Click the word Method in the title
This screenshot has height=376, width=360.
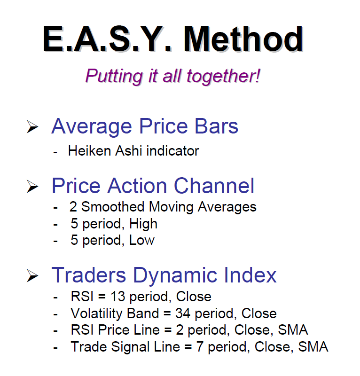point(243,39)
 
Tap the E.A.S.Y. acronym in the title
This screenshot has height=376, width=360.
point(108,39)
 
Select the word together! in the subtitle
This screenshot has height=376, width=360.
point(223,77)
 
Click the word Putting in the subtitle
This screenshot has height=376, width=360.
point(114,77)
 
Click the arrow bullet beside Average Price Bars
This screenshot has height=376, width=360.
point(32,126)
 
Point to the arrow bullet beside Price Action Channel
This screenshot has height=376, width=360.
point(32,186)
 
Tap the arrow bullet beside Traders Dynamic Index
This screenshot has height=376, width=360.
point(32,275)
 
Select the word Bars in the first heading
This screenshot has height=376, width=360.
point(216,126)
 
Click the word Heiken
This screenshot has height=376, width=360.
point(89,151)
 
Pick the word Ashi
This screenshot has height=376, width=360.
point(129,151)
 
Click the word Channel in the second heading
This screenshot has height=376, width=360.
point(214,186)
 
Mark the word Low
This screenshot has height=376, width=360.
point(142,240)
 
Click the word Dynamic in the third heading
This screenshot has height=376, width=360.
point(175,276)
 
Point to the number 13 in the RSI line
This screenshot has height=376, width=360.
point(118,297)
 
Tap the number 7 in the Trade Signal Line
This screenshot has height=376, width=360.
point(200,347)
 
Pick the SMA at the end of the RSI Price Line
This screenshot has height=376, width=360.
point(293,330)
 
